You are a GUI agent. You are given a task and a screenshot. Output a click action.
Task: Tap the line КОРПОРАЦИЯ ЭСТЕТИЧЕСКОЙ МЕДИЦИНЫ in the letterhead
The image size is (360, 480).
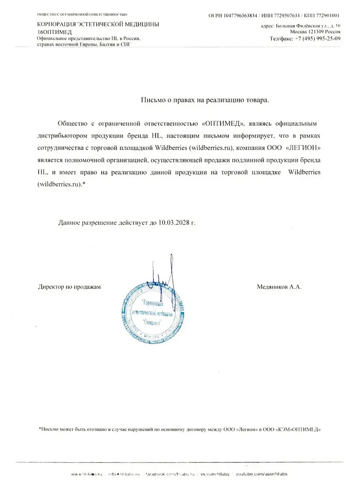click(98, 24)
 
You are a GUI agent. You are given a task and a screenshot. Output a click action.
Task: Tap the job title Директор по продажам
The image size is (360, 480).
click(69, 287)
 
